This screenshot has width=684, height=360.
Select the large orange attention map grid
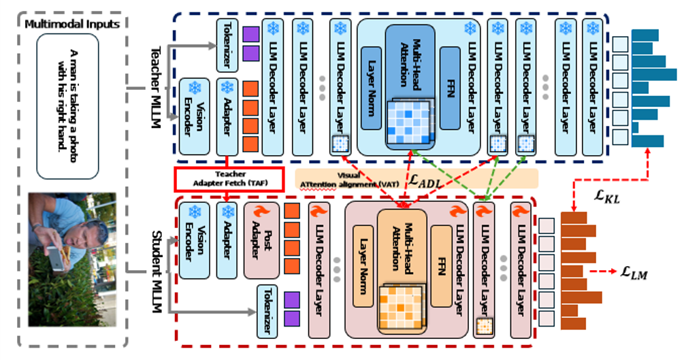[398, 306]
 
